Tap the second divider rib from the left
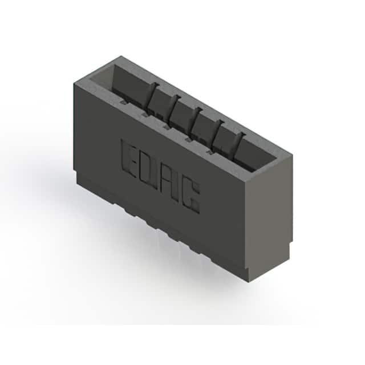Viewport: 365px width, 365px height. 175,107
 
